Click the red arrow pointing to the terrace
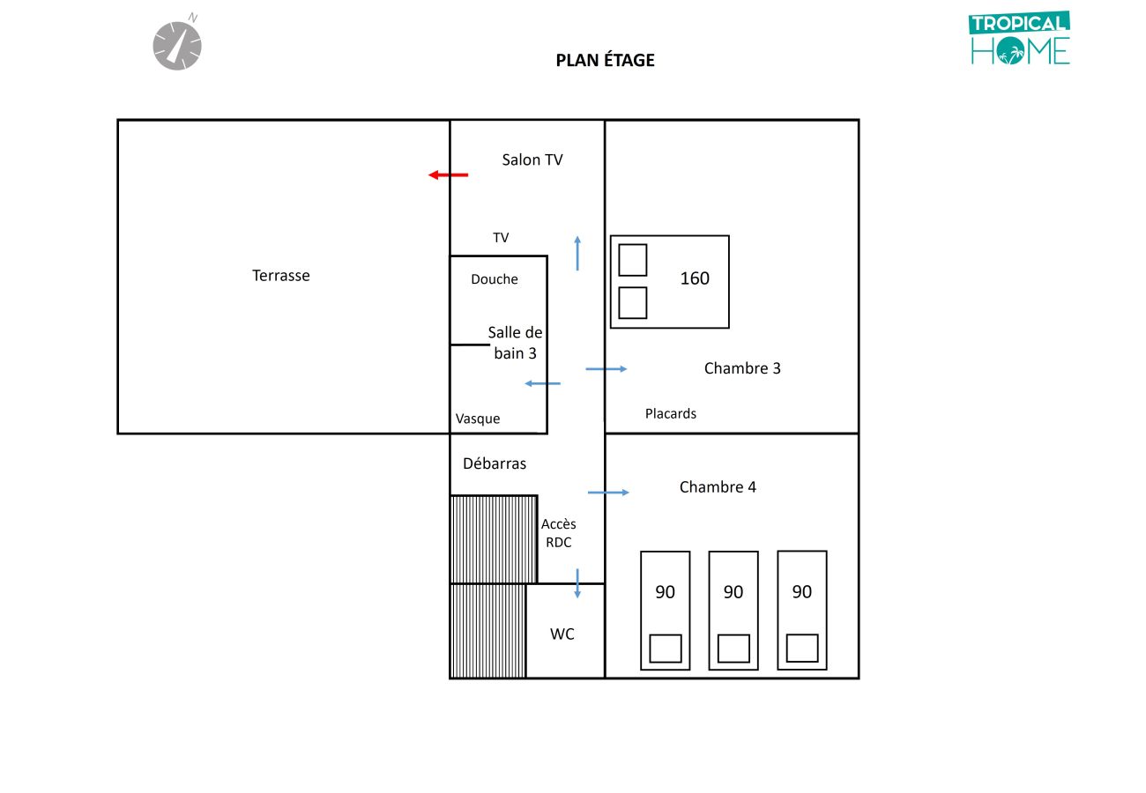448,175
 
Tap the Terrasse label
281,276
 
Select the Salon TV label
532,159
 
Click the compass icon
177,44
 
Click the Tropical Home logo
1020,39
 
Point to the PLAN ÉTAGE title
605,61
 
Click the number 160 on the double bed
695,278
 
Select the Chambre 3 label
742,368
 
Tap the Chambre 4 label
718,487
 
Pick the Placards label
671,413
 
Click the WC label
562,634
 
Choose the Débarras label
495,463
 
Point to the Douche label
495,279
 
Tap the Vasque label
478,419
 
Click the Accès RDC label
559,533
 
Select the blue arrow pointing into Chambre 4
608,493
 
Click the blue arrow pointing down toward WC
577,583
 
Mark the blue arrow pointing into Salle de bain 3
542,383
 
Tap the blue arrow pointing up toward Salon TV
577,253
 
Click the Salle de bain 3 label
516,343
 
